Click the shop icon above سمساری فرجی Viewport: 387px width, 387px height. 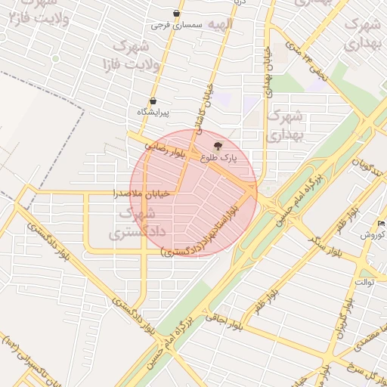(x=176, y=14)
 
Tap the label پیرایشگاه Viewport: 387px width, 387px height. (x=153, y=112)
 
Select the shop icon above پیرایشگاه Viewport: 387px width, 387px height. (x=153, y=101)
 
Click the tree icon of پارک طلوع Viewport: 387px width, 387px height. (x=218, y=145)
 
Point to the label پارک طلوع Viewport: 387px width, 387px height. (x=218, y=159)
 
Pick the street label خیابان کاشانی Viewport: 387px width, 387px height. (x=207, y=110)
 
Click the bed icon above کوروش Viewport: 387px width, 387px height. (x=381, y=224)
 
